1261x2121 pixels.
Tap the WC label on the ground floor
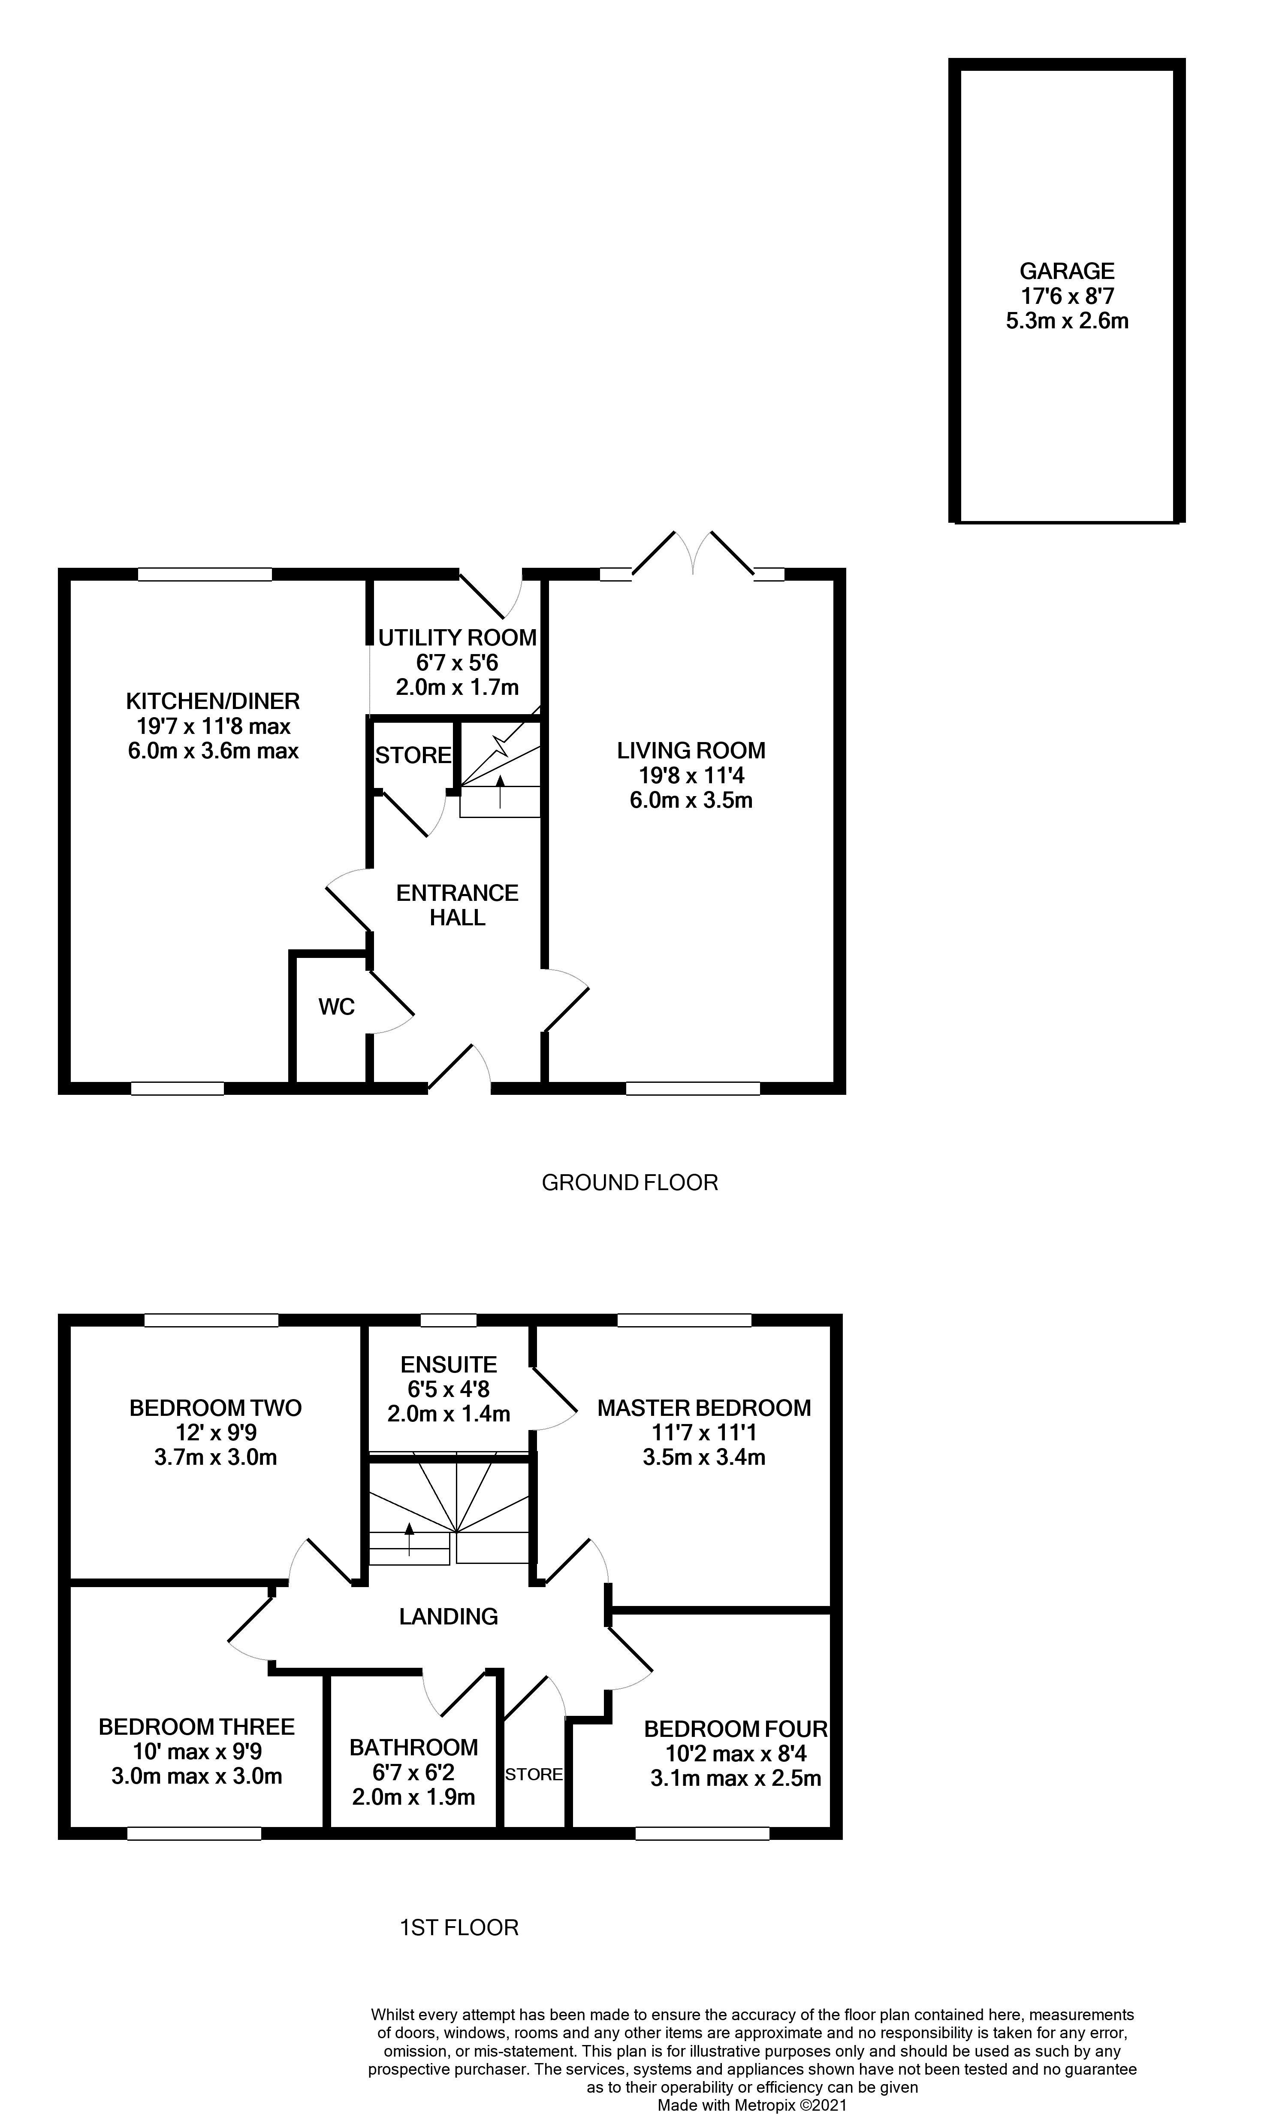[337, 1006]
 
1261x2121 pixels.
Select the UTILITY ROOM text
[457, 638]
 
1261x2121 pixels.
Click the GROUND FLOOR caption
[630, 1182]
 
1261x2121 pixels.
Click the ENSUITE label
[449, 1364]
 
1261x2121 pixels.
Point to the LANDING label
[449, 1616]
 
